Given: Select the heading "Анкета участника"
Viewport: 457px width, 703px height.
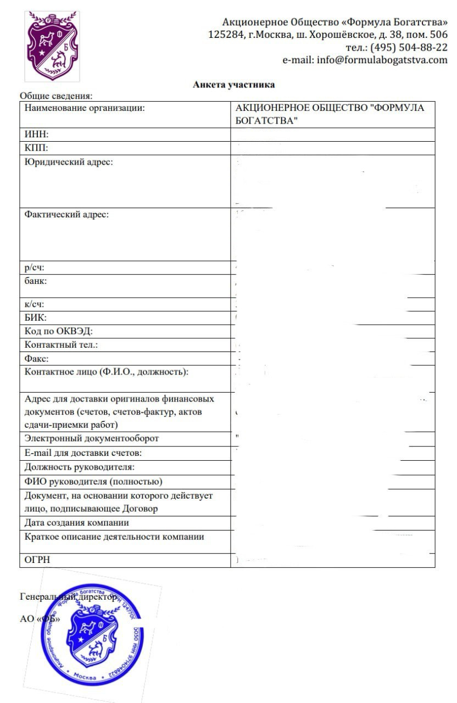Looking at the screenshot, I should [233, 85].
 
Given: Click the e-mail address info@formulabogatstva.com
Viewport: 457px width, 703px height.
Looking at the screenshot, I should [382, 60].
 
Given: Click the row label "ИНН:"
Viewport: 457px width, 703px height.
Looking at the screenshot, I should [37, 135].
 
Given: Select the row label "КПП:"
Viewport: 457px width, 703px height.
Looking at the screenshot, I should [37, 148].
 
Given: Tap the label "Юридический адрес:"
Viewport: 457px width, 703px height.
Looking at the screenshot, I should [69, 162].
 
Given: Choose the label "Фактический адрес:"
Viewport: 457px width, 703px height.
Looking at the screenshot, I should [67, 214].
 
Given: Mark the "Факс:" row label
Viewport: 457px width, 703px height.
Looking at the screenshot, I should [37, 359].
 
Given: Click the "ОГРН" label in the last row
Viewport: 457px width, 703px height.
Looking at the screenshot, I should [37, 560].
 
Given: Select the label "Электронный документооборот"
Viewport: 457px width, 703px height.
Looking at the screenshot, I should [92, 438].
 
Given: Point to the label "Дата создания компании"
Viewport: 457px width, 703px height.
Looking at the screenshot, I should [77, 522].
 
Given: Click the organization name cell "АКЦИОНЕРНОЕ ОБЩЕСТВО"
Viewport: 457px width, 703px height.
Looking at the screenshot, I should [329, 114].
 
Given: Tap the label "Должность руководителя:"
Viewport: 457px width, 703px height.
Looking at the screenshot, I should [80, 467].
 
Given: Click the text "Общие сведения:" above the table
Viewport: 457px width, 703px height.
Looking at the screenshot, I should [56, 96].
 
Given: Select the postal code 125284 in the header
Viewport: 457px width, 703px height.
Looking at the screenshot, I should [226, 35].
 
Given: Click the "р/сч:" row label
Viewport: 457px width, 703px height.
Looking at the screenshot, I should [35, 267].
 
